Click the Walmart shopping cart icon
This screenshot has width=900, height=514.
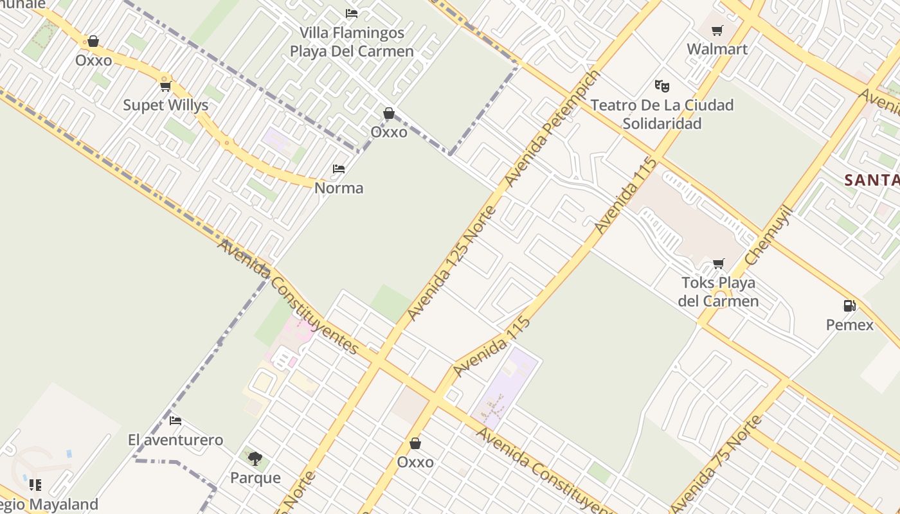pyautogui.click(x=717, y=31)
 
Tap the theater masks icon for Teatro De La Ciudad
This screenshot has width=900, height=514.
pyautogui.click(x=661, y=85)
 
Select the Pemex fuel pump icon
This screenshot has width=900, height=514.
pyautogui.click(x=849, y=306)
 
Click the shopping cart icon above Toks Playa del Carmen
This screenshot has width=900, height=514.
pyautogui.click(x=718, y=263)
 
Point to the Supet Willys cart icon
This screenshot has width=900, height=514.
pyautogui.click(x=165, y=86)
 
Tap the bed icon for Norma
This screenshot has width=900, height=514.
pyautogui.click(x=339, y=169)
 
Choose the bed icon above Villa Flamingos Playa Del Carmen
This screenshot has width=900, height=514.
pyautogui.click(x=351, y=13)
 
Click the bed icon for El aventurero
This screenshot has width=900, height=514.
pyautogui.click(x=175, y=421)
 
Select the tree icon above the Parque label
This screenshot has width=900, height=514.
pyautogui.click(x=255, y=458)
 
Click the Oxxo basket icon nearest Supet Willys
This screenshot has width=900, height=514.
pyautogui.click(x=93, y=41)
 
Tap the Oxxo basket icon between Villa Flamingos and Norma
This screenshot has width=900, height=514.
pyautogui.click(x=388, y=114)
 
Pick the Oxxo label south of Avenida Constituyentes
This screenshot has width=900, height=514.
pyautogui.click(x=415, y=462)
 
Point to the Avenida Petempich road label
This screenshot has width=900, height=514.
pyautogui.click(x=552, y=129)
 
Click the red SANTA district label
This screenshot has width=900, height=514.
pyautogui.click(x=872, y=181)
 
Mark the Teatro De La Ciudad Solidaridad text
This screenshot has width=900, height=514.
pyautogui.click(x=661, y=114)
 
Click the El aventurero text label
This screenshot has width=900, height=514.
pyautogui.click(x=175, y=440)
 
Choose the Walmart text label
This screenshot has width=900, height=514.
pyautogui.click(x=717, y=49)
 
